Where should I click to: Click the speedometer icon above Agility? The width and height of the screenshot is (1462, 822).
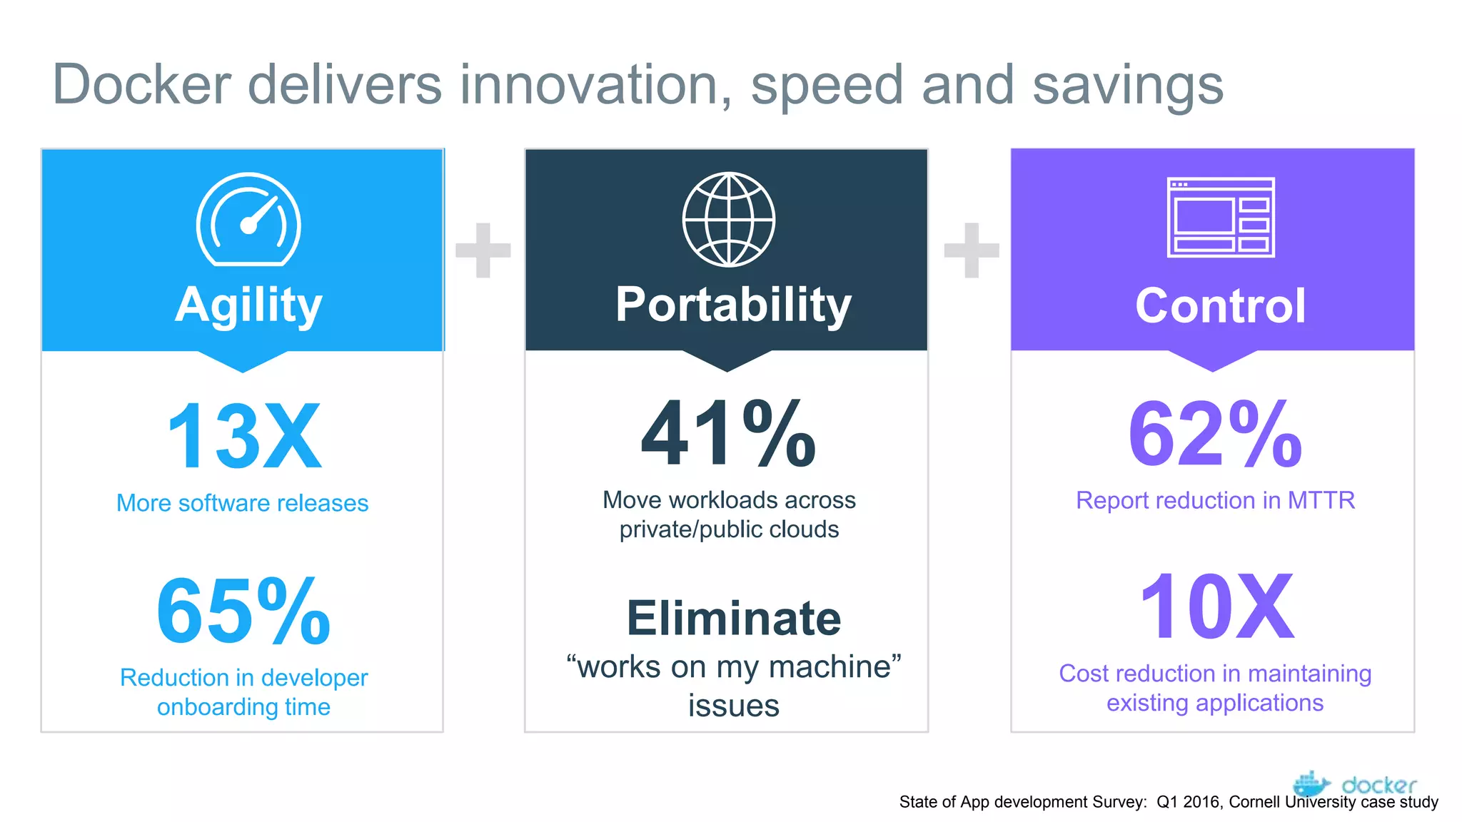click(248, 220)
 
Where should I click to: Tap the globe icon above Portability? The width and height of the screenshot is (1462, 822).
click(728, 219)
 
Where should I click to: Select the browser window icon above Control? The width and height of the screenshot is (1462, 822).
click(1221, 217)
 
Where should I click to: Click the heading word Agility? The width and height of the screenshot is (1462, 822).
click(248, 305)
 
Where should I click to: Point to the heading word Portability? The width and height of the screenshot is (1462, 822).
click(733, 305)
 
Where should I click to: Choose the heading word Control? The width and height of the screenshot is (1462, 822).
click(1220, 305)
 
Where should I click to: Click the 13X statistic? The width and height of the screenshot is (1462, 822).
click(243, 436)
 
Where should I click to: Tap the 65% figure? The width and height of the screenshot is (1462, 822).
click(243, 612)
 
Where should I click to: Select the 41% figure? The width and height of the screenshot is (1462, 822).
click(728, 434)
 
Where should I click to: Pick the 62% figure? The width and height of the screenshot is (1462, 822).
click(1215, 434)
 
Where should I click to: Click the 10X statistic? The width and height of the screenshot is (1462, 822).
click(1216, 607)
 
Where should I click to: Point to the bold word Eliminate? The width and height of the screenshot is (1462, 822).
click(733, 618)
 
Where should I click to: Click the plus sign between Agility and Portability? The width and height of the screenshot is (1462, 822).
click(483, 250)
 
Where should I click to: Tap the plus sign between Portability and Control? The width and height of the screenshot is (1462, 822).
click(971, 250)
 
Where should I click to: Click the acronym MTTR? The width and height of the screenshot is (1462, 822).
click(1321, 500)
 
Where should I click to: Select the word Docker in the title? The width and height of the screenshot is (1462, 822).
click(142, 85)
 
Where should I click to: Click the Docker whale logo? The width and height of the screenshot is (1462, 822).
click(1311, 783)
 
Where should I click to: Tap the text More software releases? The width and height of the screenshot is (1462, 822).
click(243, 503)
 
